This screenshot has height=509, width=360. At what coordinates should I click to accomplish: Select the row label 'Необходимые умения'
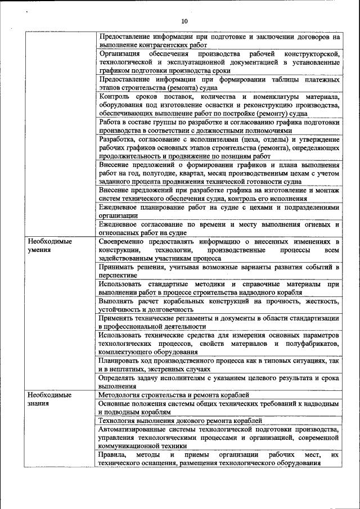coord(50,245)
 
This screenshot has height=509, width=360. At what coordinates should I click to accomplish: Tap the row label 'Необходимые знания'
coord(50,399)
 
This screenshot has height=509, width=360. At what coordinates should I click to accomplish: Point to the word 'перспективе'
coord(119,276)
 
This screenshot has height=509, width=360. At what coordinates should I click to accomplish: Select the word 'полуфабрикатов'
coord(310,343)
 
